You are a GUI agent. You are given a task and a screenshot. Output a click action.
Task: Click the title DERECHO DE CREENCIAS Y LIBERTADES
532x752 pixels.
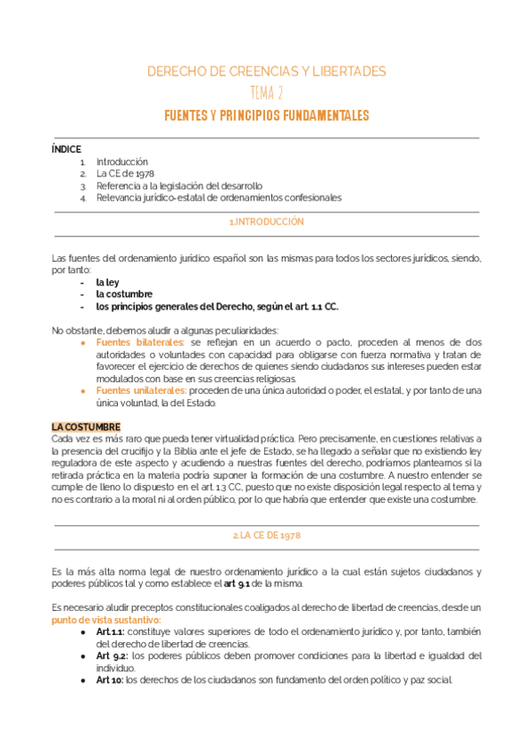click(266, 71)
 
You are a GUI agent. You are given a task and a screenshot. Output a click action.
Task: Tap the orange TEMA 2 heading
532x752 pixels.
click(266, 93)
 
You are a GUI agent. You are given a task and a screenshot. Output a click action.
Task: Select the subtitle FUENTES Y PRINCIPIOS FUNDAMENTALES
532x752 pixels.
click(266, 116)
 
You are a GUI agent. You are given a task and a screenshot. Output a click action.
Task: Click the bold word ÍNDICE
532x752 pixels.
click(66, 150)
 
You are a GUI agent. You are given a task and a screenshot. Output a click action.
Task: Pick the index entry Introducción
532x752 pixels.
click(121, 162)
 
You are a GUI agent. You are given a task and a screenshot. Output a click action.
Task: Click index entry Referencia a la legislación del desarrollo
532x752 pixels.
click(179, 186)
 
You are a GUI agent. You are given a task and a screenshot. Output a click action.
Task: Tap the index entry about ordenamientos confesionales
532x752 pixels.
click(218, 198)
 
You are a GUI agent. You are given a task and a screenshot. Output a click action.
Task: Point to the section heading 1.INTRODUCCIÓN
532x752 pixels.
click(266, 222)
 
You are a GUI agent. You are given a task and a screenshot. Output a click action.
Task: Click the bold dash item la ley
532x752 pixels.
click(107, 282)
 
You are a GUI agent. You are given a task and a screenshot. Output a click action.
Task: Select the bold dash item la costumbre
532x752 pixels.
click(123, 294)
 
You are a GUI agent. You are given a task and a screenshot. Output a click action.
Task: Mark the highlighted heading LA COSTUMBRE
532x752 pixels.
click(86, 427)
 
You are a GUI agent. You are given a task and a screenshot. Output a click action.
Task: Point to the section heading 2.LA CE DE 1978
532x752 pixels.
click(266, 536)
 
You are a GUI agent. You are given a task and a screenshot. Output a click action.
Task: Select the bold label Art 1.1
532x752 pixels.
click(110, 631)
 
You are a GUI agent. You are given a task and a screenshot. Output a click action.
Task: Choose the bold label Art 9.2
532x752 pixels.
click(112, 655)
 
